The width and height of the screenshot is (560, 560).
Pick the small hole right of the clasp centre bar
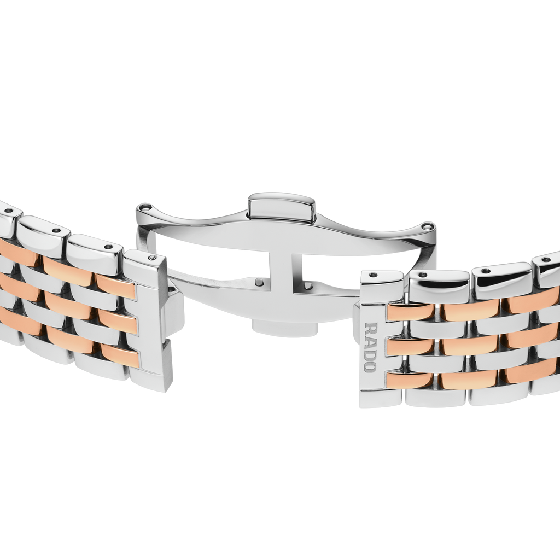click(309, 284)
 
